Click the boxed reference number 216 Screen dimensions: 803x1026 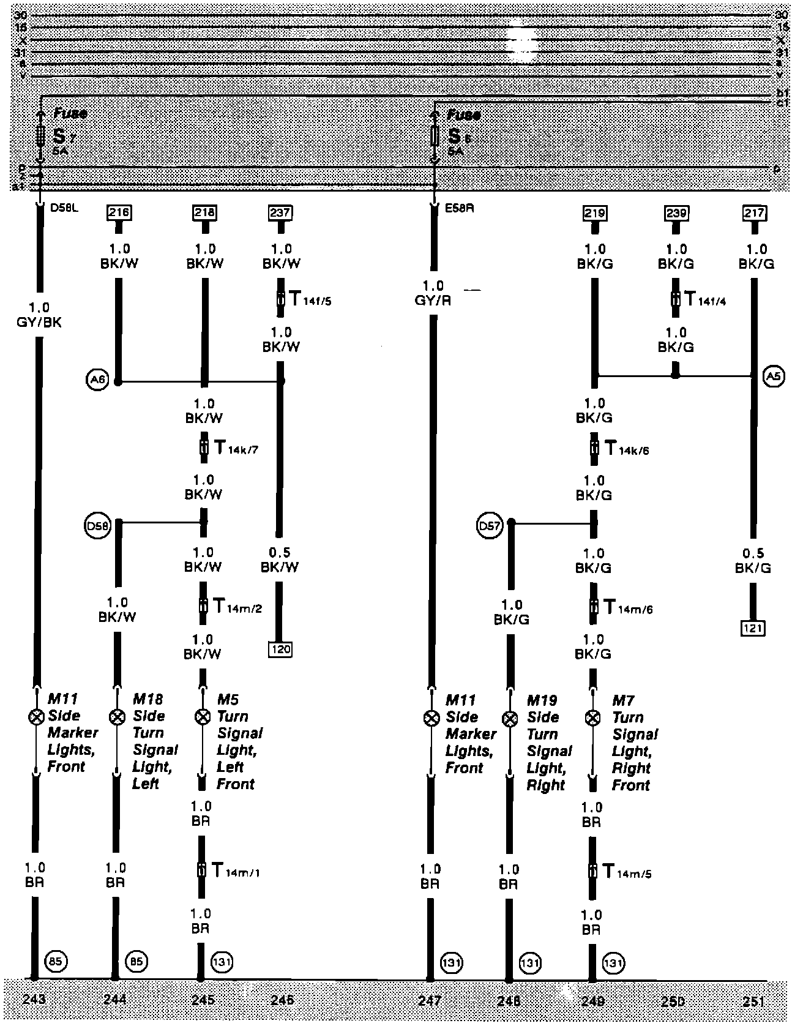[x=119, y=213]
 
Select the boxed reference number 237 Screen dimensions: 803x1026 [x=280, y=213]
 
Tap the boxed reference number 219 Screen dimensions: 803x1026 [x=594, y=213]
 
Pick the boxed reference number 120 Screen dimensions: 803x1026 [x=280, y=649]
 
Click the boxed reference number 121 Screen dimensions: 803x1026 [x=753, y=628]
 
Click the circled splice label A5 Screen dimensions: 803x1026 [x=774, y=376]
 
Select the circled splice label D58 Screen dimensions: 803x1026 [x=98, y=525]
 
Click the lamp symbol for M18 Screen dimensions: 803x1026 [x=115, y=717]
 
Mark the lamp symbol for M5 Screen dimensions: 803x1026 [x=201, y=717]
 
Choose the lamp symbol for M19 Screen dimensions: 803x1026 [x=509, y=719]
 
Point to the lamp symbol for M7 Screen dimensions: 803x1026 [x=592, y=718]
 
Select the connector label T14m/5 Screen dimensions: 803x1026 [x=627, y=872]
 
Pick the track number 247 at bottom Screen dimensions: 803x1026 [x=430, y=1000]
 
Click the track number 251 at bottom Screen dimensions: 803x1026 [x=753, y=1000]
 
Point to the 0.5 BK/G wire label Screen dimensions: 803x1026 [x=753, y=561]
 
